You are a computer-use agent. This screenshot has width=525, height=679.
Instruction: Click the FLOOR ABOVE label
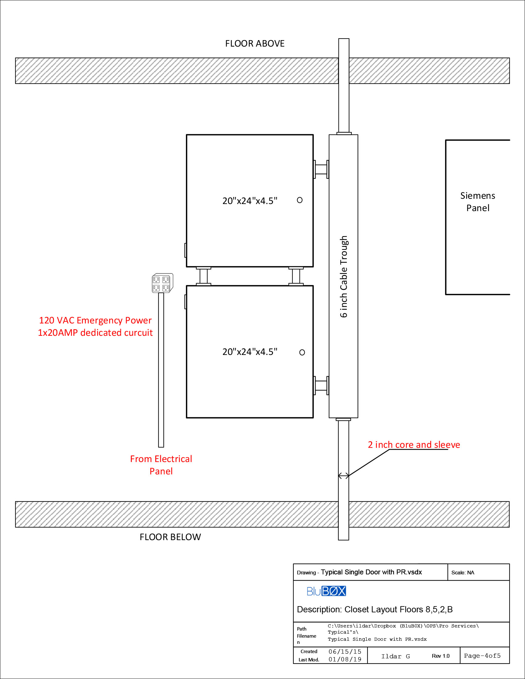(x=254, y=44)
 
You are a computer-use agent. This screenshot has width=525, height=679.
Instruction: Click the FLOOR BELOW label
(x=170, y=537)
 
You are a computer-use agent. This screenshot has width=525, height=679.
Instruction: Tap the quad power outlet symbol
(x=162, y=283)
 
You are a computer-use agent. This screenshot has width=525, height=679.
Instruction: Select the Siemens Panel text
(x=477, y=202)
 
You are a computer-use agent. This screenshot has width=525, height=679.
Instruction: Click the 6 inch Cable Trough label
(x=343, y=277)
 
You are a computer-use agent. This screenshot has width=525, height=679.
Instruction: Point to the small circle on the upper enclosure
(x=300, y=200)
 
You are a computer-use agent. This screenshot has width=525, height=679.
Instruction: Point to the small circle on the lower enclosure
(x=302, y=352)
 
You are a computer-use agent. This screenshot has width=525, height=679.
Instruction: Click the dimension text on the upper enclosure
(x=250, y=201)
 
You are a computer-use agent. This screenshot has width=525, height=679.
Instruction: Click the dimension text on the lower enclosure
(x=250, y=352)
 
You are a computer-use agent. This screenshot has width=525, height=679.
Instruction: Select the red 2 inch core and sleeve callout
(x=413, y=444)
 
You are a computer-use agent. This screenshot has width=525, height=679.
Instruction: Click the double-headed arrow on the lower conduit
(x=343, y=475)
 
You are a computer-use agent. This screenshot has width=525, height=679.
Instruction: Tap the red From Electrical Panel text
(x=161, y=465)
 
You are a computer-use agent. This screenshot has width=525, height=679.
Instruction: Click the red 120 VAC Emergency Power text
(x=95, y=320)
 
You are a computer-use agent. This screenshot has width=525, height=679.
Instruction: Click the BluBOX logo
(x=326, y=591)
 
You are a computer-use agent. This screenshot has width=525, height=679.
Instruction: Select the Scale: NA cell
(x=463, y=572)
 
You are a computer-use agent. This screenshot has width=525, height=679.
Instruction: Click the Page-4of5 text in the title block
(x=482, y=656)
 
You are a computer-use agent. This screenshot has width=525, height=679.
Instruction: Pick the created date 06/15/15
(x=345, y=651)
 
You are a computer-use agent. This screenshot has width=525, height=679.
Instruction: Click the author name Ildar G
(x=395, y=656)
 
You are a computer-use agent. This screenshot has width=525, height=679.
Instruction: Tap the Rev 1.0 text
(x=440, y=656)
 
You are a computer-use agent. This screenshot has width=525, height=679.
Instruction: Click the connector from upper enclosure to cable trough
(x=321, y=169)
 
